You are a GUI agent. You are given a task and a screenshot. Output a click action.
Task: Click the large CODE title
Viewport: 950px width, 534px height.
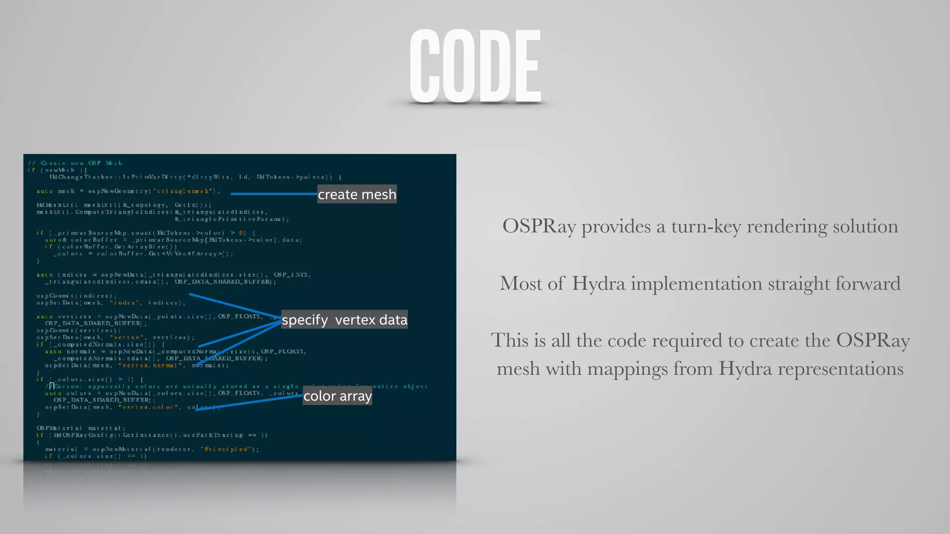click(475, 66)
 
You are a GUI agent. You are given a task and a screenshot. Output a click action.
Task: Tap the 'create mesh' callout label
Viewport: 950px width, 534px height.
click(357, 194)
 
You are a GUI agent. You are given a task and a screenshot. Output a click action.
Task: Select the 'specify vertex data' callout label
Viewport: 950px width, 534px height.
click(344, 320)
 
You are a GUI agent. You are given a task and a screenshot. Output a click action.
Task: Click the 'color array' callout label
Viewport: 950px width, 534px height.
click(337, 396)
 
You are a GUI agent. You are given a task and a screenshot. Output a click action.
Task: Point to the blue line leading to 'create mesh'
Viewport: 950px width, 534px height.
click(274, 194)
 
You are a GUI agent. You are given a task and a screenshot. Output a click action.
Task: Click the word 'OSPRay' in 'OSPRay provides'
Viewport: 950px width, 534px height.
click(539, 227)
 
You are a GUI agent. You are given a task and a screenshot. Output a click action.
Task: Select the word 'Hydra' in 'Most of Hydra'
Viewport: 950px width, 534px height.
click(598, 284)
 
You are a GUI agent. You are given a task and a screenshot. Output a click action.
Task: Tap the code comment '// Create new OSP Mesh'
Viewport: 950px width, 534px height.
click(75, 163)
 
